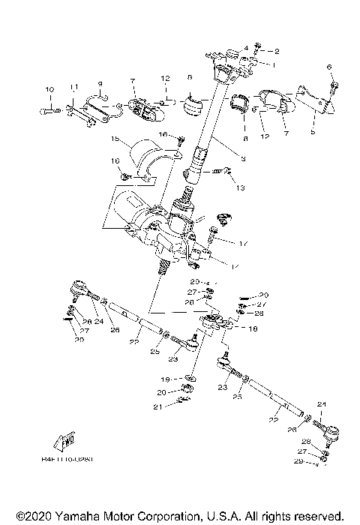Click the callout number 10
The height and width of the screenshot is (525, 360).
(49, 91)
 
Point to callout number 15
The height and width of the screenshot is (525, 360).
(115, 139)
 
